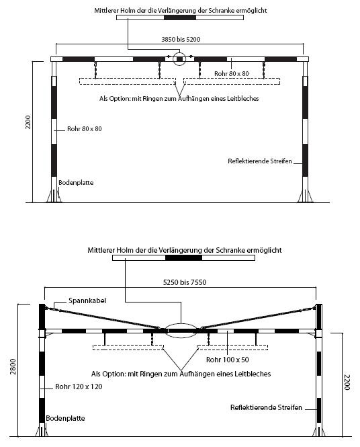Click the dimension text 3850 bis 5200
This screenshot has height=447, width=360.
click(x=181, y=40)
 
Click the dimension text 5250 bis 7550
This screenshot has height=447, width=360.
click(x=185, y=282)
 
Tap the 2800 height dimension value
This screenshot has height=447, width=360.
click(x=13, y=366)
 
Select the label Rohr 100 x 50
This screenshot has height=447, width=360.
click(x=228, y=360)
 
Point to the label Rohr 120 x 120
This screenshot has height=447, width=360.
click(x=79, y=387)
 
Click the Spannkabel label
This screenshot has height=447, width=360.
click(x=87, y=300)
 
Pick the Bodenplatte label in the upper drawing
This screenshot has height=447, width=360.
click(x=76, y=183)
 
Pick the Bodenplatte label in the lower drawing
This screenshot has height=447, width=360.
click(x=66, y=419)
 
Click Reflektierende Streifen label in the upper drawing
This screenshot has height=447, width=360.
click(x=260, y=161)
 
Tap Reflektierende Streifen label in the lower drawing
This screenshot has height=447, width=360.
click(x=266, y=407)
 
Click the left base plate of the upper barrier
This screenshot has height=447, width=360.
click(x=54, y=196)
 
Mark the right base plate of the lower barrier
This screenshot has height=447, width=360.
click(x=319, y=430)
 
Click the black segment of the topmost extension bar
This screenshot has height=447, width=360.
click(x=180, y=17)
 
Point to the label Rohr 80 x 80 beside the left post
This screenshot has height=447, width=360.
click(x=85, y=129)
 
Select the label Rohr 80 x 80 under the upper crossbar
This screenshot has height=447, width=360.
click(x=232, y=74)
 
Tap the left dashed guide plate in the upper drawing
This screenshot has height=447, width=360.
click(x=128, y=81)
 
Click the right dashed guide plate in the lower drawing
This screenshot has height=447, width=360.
click(x=232, y=348)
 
